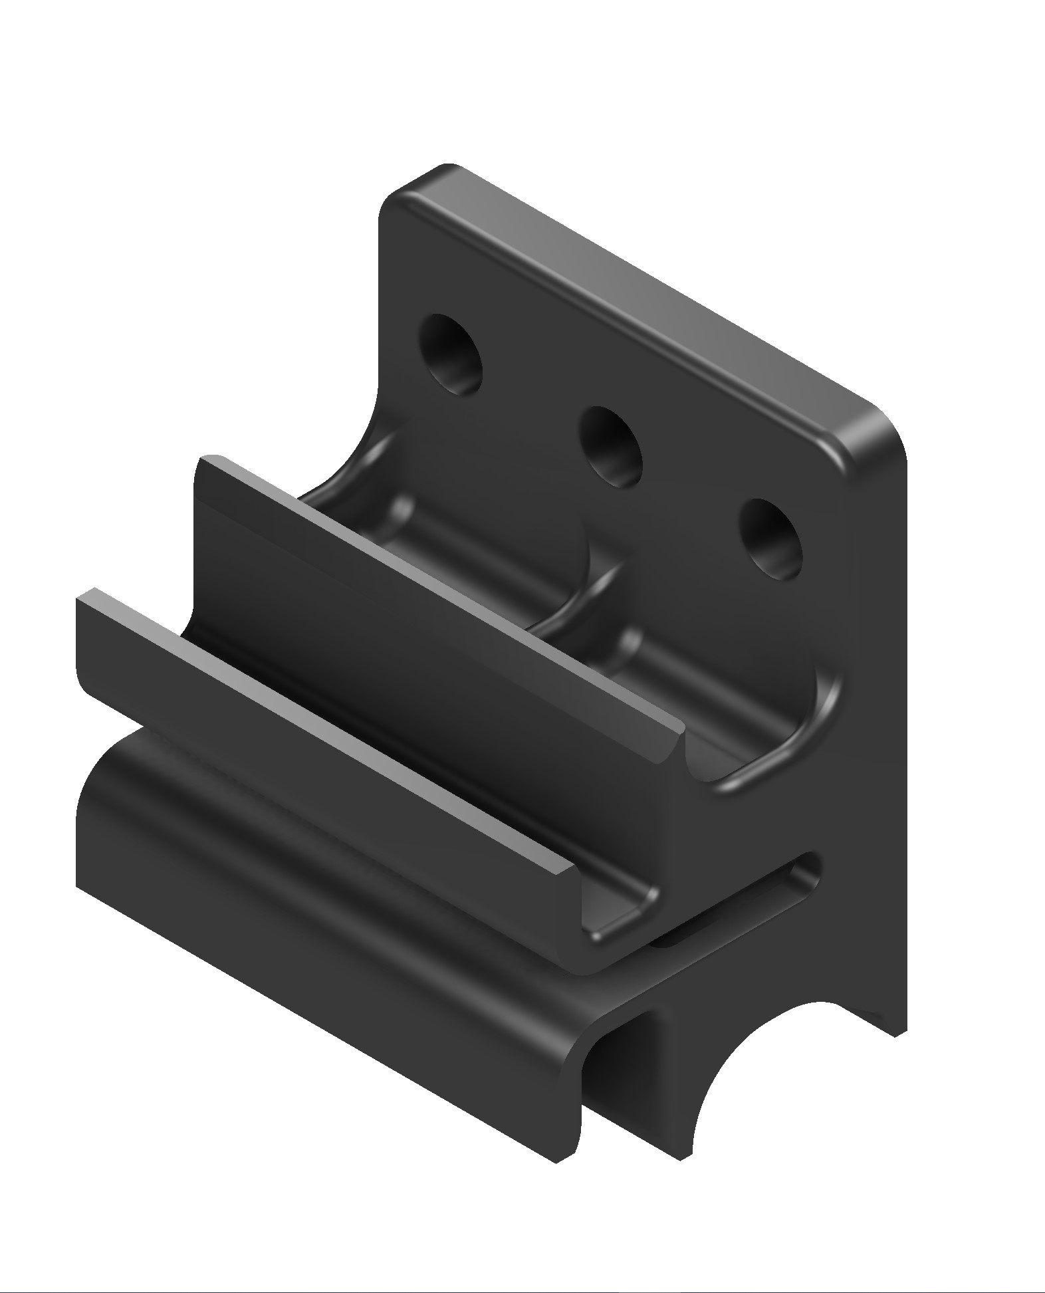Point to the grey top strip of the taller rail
439,585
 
